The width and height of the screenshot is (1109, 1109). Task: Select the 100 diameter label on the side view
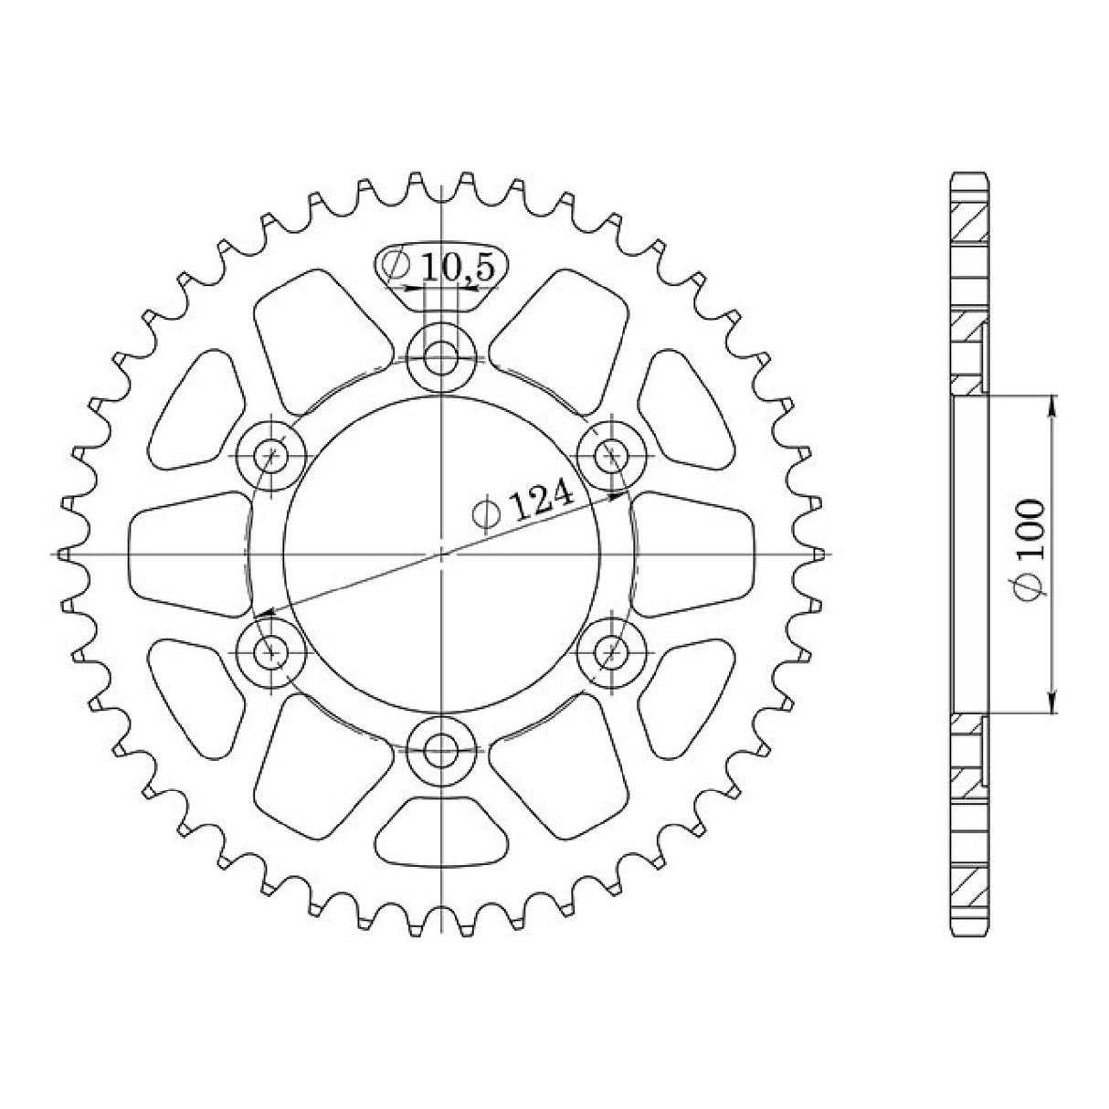click(x=1030, y=550)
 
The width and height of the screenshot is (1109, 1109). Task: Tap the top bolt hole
click(x=442, y=356)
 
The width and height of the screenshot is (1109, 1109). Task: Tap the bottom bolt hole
click(x=442, y=752)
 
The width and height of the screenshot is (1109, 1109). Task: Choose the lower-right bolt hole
click(x=613, y=650)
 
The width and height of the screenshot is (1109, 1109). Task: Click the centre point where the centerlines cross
click(x=442, y=554)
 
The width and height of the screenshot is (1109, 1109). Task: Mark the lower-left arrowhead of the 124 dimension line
click(x=261, y=613)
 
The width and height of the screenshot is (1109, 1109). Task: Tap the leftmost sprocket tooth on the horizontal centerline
click(x=64, y=554)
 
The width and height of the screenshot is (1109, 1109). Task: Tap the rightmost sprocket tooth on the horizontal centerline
click(x=820, y=554)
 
